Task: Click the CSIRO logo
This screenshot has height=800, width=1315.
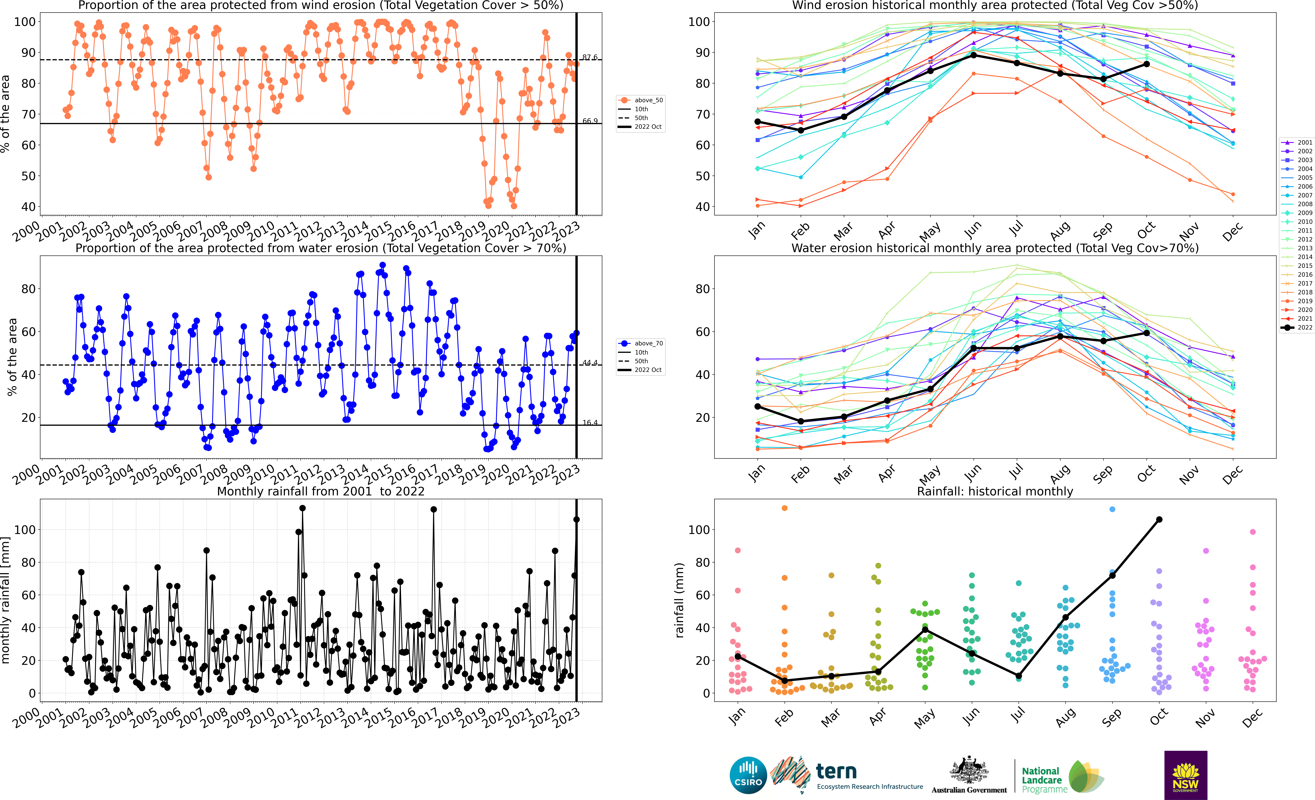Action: click(x=748, y=775)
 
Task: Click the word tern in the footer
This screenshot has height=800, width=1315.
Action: click(x=836, y=771)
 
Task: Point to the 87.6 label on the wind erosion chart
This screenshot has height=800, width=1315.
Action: click(x=590, y=57)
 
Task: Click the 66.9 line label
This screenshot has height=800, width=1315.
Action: click(x=590, y=121)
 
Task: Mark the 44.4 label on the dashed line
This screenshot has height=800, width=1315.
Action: click(x=590, y=363)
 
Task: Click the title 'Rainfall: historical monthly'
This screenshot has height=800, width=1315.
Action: click(x=995, y=491)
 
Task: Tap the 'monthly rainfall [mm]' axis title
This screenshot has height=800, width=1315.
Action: click(x=5, y=600)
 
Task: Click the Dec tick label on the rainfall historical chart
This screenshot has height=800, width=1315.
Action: click(x=1251, y=718)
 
